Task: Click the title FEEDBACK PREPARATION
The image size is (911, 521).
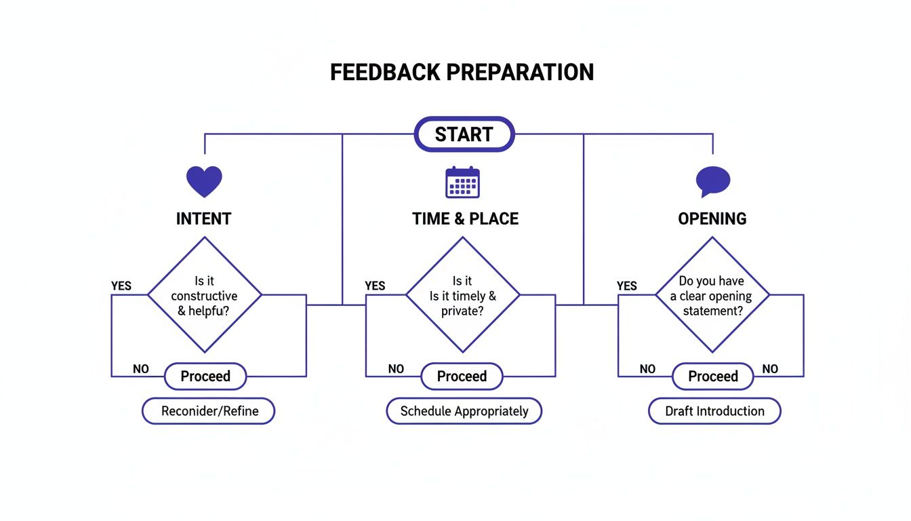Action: [462, 72]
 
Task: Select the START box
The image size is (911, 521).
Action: [464, 134]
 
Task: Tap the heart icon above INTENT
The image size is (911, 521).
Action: [204, 181]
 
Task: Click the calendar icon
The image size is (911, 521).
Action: [462, 182]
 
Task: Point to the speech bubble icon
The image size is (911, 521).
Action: [713, 181]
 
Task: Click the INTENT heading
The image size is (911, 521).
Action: [204, 219]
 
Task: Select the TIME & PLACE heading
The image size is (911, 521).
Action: [465, 219]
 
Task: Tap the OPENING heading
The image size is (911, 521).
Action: [712, 219]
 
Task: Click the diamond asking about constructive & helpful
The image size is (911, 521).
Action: [204, 295]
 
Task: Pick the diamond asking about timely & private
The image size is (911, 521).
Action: [462, 295]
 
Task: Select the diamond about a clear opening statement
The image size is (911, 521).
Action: [712, 295]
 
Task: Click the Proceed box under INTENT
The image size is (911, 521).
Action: [205, 377]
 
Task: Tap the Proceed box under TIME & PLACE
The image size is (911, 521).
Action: [462, 377]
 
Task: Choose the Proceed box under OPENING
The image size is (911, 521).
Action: [712, 377]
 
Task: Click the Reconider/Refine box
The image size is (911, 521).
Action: [208, 411]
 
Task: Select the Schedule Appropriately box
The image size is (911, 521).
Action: [464, 411]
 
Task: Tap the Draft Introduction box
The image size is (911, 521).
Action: [714, 411]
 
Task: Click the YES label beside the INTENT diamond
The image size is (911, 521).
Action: [121, 286]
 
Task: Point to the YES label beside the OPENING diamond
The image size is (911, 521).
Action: [627, 286]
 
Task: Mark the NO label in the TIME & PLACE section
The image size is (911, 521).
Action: [396, 369]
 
